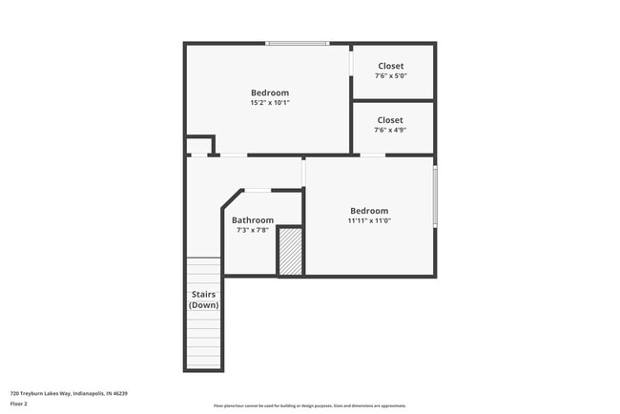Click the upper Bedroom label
point(270,93)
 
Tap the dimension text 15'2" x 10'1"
point(270,103)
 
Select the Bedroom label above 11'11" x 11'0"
point(369,211)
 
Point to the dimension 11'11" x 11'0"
point(369,221)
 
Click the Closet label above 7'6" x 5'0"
point(390,66)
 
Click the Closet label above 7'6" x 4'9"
point(390,120)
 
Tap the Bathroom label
point(253,219)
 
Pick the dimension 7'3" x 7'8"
point(253,230)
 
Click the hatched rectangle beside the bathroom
point(290,251)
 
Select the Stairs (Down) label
point(203,300)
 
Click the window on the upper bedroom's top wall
point(298,43)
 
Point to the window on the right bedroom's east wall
point(435,197)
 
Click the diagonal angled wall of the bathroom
point(230,198)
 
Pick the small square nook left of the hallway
point(199,146)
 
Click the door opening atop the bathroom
point(258,191)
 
